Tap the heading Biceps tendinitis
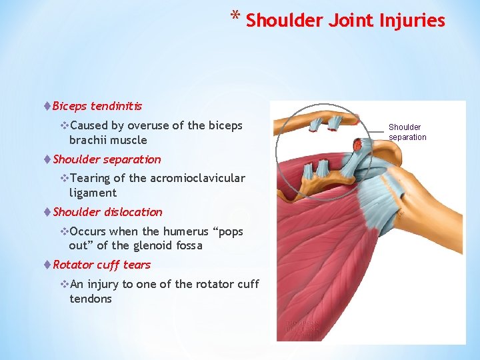(97, 106)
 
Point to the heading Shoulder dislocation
(107, 212)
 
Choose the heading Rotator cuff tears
(101, 265)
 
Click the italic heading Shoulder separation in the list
(107, 159)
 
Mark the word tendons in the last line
(91, 299)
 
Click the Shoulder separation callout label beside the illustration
(407, 132)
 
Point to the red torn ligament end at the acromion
(359, 144)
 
